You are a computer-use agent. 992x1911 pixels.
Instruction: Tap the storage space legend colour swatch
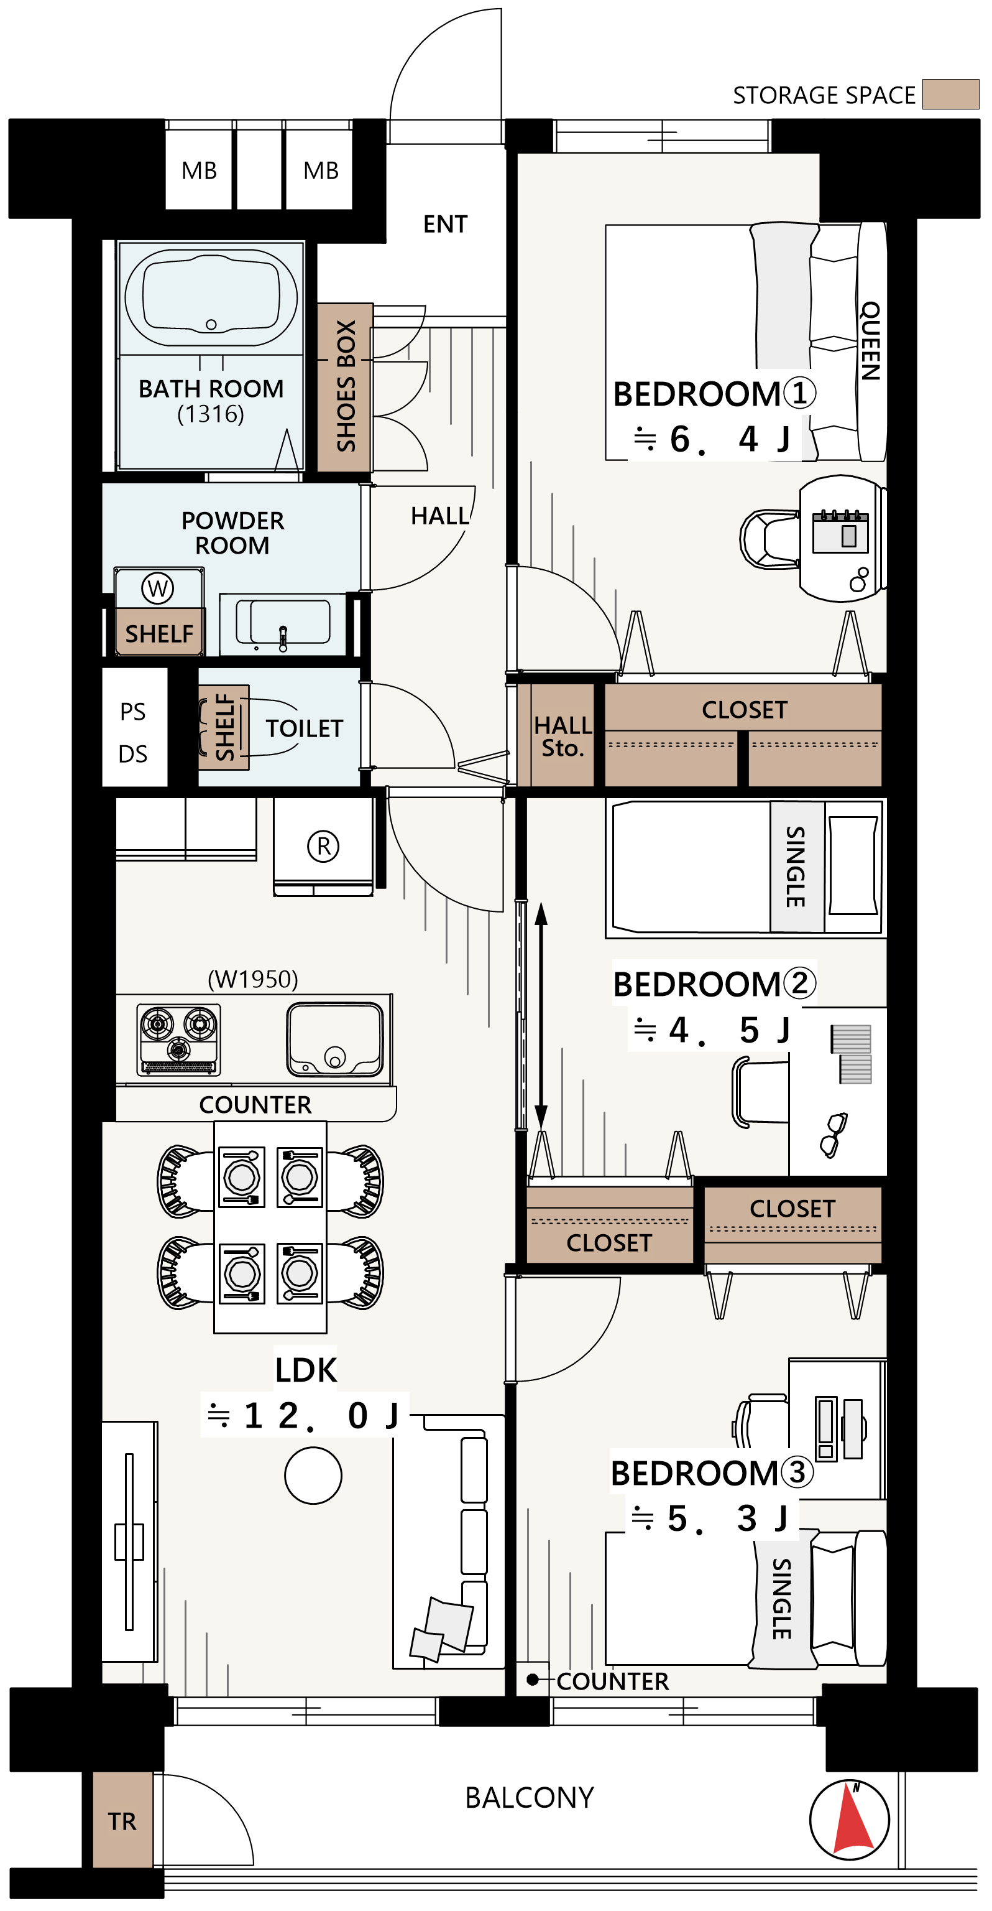[951, 94]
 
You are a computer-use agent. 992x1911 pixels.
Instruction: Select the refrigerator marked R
[323, 847]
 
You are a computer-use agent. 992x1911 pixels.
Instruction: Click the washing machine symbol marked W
[157, 589]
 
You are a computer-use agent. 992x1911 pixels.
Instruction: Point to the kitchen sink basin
[335, 1039]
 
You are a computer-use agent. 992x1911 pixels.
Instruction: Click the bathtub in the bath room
[211, 297]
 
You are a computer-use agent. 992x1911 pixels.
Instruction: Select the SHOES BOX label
[346, 386]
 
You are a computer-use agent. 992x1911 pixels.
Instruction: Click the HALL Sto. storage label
[563, 736]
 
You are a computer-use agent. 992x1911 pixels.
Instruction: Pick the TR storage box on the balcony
[122, 1821]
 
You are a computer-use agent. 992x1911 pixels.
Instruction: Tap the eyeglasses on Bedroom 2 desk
[834, 1134]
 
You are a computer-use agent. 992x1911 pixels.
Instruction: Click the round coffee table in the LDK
[313, 1476]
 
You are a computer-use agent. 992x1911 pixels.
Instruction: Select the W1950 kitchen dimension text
[253, 979]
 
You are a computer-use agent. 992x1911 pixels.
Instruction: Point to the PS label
[133, 712]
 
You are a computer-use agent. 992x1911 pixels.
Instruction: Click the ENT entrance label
[446, 224]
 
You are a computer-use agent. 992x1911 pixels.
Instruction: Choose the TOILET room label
[305, 728]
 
